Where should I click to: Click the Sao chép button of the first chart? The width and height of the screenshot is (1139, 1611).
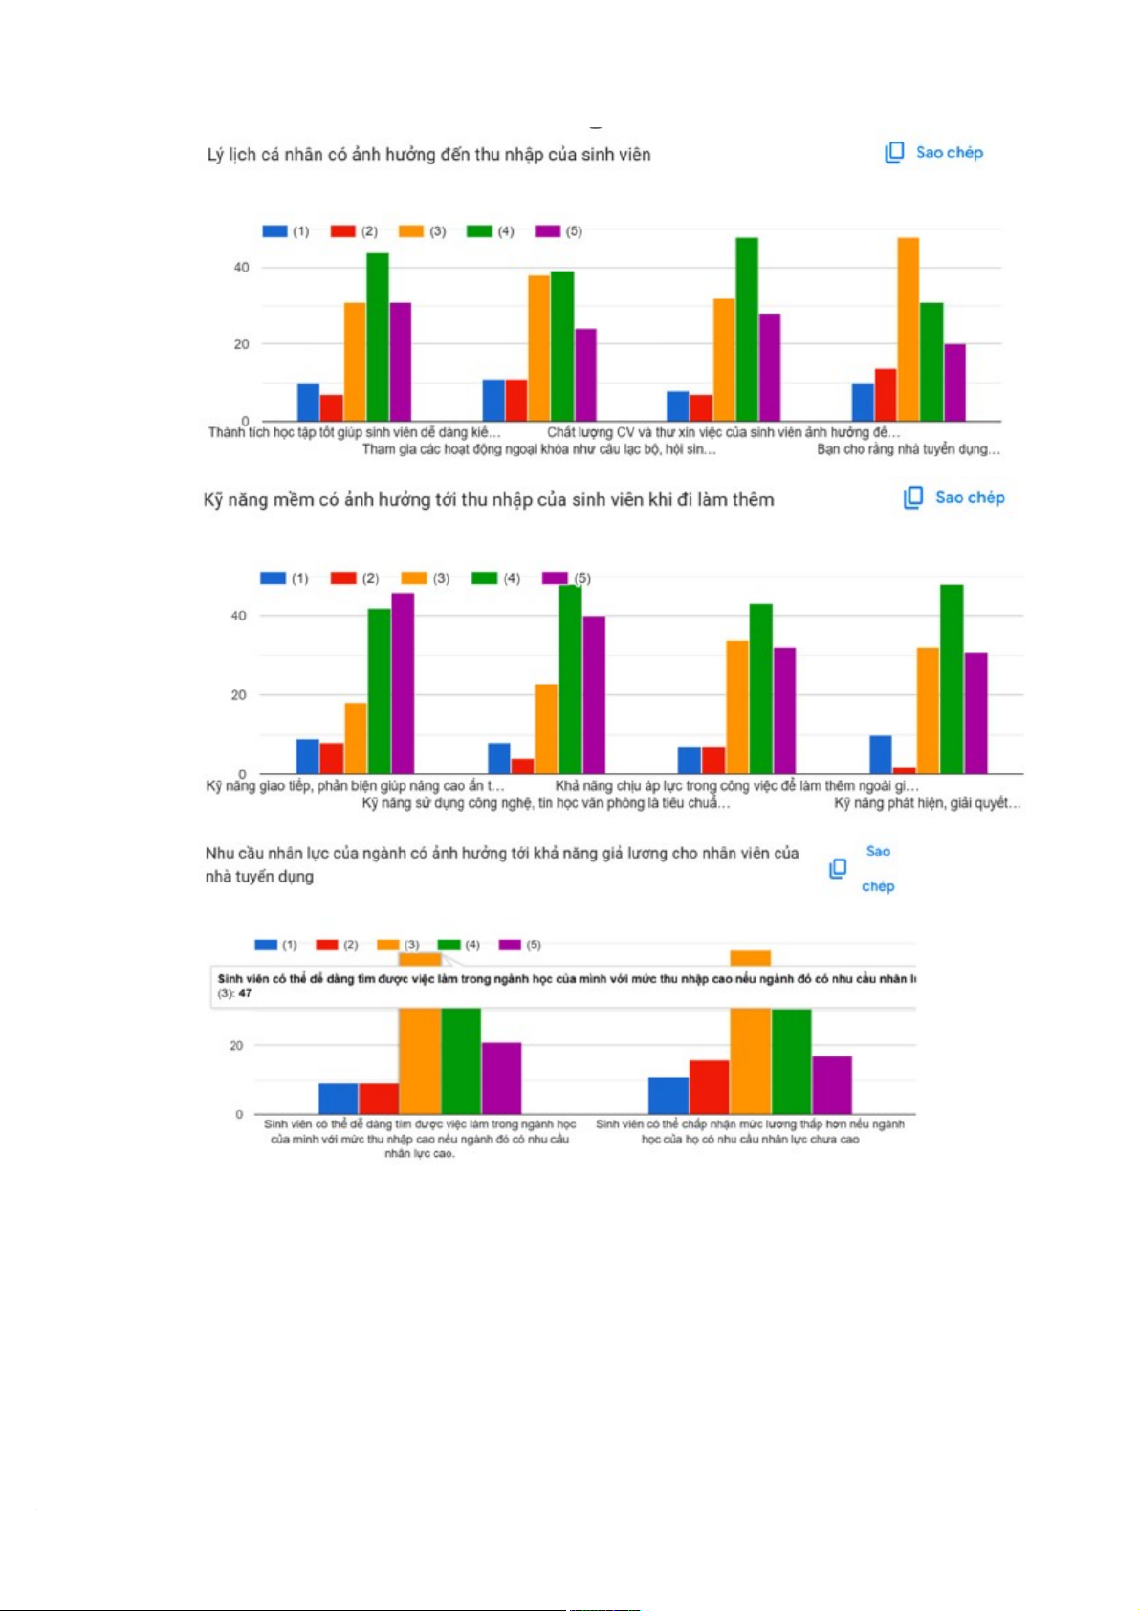934,153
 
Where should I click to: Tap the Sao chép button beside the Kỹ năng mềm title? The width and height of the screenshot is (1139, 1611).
954,498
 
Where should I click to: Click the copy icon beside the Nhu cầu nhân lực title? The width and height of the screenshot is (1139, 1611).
838,868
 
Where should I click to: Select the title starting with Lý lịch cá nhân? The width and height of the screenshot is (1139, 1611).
428,155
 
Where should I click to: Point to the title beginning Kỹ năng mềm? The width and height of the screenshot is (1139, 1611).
489,500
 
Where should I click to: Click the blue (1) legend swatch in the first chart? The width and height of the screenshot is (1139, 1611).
274,231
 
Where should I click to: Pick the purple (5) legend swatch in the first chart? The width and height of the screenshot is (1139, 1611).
547,231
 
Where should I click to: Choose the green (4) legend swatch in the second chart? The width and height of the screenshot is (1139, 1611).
485,578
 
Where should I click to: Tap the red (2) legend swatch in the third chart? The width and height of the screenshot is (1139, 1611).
327,946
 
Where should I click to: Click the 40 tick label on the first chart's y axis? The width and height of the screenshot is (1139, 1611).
241,268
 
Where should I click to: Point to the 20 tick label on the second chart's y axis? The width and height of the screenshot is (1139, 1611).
238,695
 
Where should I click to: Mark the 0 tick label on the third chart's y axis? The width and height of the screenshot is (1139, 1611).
239,1115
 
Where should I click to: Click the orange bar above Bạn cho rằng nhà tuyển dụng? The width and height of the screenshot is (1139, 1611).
908,329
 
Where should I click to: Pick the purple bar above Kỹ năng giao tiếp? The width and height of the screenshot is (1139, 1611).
403,683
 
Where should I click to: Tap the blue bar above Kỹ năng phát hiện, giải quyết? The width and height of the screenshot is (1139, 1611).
880,754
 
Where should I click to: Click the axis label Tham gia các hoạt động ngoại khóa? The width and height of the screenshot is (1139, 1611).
538,449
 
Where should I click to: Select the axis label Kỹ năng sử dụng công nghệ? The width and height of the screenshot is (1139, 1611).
545,804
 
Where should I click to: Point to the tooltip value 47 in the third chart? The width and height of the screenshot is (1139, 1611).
246,994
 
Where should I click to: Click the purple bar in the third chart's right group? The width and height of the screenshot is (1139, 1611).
832,1085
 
